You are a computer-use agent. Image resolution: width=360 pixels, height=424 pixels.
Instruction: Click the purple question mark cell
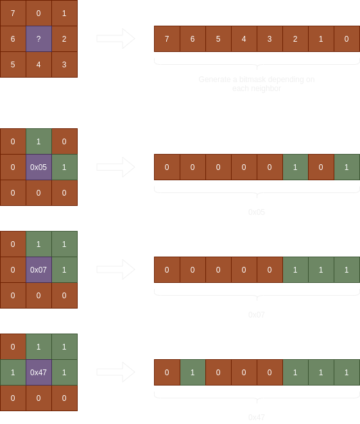[39, 39]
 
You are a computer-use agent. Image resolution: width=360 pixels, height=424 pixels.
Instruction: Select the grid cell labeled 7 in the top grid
[13, 13]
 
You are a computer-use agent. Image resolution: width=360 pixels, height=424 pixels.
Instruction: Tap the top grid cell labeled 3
[64, 65]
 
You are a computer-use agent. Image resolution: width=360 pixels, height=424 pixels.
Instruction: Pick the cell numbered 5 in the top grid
[13, 65]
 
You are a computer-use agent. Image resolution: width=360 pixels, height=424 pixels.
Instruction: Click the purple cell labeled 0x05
[39, 167]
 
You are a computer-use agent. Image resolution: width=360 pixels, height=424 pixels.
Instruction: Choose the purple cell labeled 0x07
[39, 269]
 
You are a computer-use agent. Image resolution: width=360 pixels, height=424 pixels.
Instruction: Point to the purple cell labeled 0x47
[39, 372]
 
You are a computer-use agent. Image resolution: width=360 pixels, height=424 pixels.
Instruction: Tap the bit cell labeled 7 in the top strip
[167, 39]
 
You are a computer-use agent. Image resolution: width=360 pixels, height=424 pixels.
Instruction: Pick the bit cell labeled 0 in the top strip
[347, 39]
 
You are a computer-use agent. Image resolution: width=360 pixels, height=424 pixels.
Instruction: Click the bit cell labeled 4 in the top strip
[244, 39]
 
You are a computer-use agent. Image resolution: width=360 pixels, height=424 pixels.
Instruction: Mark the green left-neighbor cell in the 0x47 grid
[13, 372]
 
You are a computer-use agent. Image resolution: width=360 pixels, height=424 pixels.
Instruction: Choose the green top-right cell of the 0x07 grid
[64, 244]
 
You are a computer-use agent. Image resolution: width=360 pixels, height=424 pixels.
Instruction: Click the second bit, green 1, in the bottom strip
[193, 372]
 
